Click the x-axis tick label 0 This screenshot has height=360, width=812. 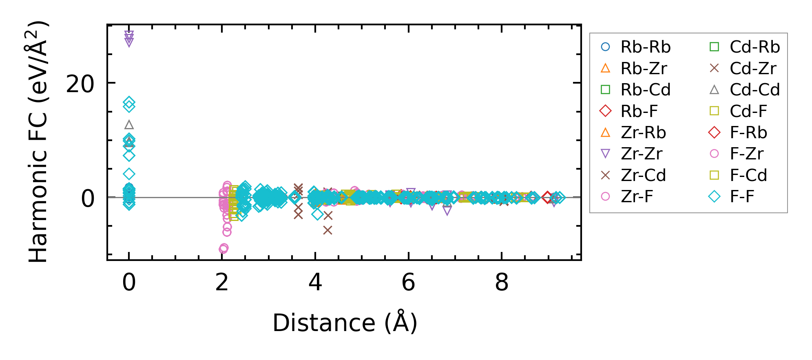pyautogui.click(x=129, y=283)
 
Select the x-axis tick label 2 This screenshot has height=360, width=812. pyautogui.click(x=222, y=283)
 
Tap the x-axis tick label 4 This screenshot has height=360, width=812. pyautogui.click(x=315, y=283)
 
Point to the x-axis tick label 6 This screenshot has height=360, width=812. pyautogui.click(x=408, y=283)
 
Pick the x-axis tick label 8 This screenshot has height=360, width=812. pyautogui.click(x=502, y=283)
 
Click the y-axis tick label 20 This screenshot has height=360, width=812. pyautogui.click(x=80, y=85)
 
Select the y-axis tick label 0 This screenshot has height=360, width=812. pyautogui.click(x=88, y=199)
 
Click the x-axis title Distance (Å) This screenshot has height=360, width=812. pyautogui.click(x=345, y=323)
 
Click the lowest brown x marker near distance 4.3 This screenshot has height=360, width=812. pyautogui.click(x=327, y=230)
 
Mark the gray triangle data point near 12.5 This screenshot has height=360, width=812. pyautogui.click(x=129, y=125)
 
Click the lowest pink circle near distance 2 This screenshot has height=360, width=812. pyautogui.click(x=223, y=248)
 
